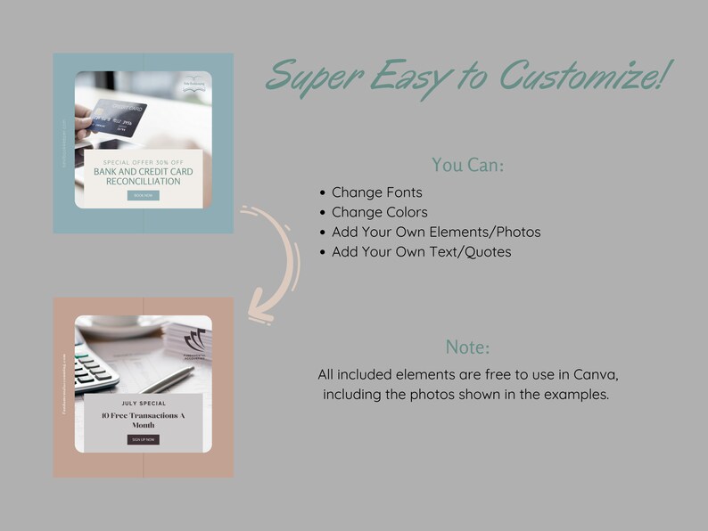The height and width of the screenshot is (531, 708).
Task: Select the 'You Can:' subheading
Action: click(x=467, y=165)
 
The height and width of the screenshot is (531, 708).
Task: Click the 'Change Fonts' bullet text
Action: click(x=376, y=192)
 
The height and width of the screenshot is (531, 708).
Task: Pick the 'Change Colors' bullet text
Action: click(x=379, y=213)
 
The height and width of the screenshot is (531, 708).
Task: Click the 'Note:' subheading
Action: click(x=467, y=347)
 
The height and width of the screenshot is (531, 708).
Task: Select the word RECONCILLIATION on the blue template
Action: click(x=143, y=181)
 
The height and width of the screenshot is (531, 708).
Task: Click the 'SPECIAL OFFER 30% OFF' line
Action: click(x=143, y=161)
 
